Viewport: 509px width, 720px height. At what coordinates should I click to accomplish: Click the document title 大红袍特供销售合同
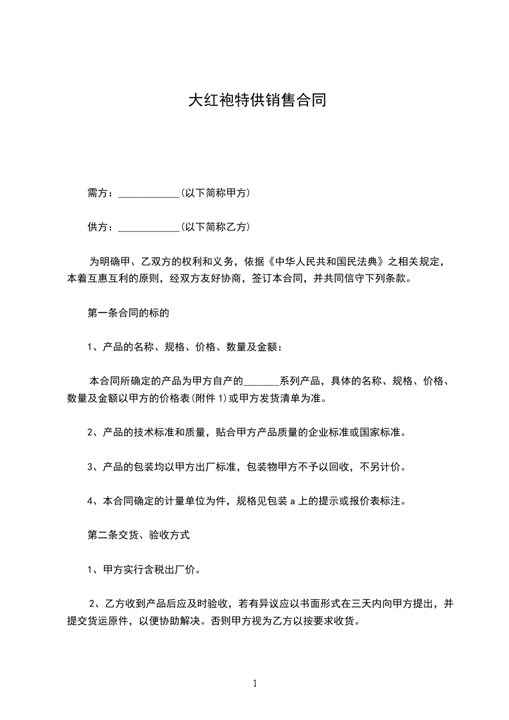pos(254,101)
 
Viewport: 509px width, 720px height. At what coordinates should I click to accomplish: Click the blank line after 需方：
pos(150,194)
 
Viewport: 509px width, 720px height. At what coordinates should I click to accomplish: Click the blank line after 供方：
pos(150,228)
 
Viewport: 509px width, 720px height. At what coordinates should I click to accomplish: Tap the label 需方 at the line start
pos(98,193)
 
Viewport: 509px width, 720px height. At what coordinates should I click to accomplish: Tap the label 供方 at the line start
pos(98,227)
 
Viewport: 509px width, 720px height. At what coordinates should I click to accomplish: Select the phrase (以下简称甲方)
pos(216,193)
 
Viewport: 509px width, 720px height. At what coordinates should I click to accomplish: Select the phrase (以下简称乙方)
pos(216,227)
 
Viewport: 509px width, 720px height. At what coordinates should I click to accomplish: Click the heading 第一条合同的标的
pos(128,314)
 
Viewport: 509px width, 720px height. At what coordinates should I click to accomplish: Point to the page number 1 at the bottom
pos(255,683)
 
